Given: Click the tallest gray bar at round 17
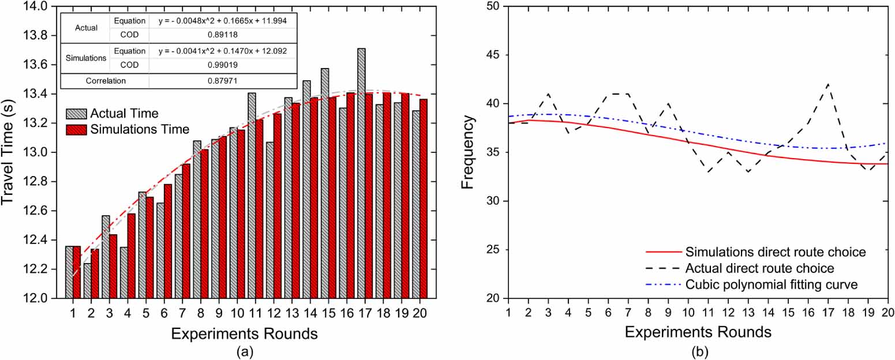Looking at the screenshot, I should (x=361, y=173).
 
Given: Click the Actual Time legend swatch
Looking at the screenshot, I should (x=76, y=114).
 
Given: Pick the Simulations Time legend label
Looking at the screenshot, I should (x=140, y=129).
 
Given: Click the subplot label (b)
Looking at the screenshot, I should (x=697, y=350).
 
